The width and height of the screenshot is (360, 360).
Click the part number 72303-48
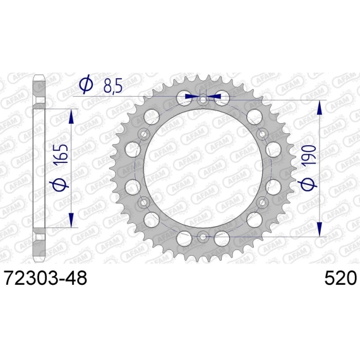click(45, 278)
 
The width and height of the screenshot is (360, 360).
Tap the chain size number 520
click(340, 278)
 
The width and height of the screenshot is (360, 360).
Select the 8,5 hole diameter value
click(112, 86)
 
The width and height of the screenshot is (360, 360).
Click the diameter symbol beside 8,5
click(86, 85)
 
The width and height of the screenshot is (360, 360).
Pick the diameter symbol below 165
click(59, 184)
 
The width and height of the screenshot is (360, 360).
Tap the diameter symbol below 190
click(308, 184)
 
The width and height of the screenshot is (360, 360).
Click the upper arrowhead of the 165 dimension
click(71, 116)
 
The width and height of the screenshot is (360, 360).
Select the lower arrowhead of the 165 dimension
click(71, 220)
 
